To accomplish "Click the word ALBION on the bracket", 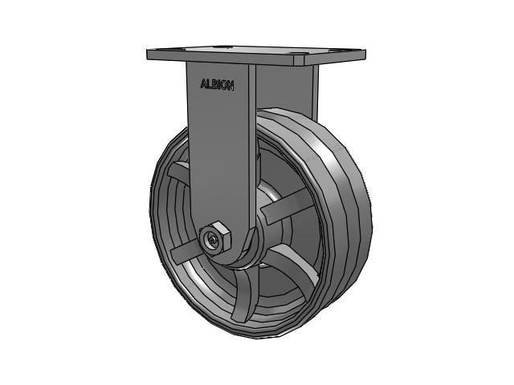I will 217,84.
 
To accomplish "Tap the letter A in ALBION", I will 202,83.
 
